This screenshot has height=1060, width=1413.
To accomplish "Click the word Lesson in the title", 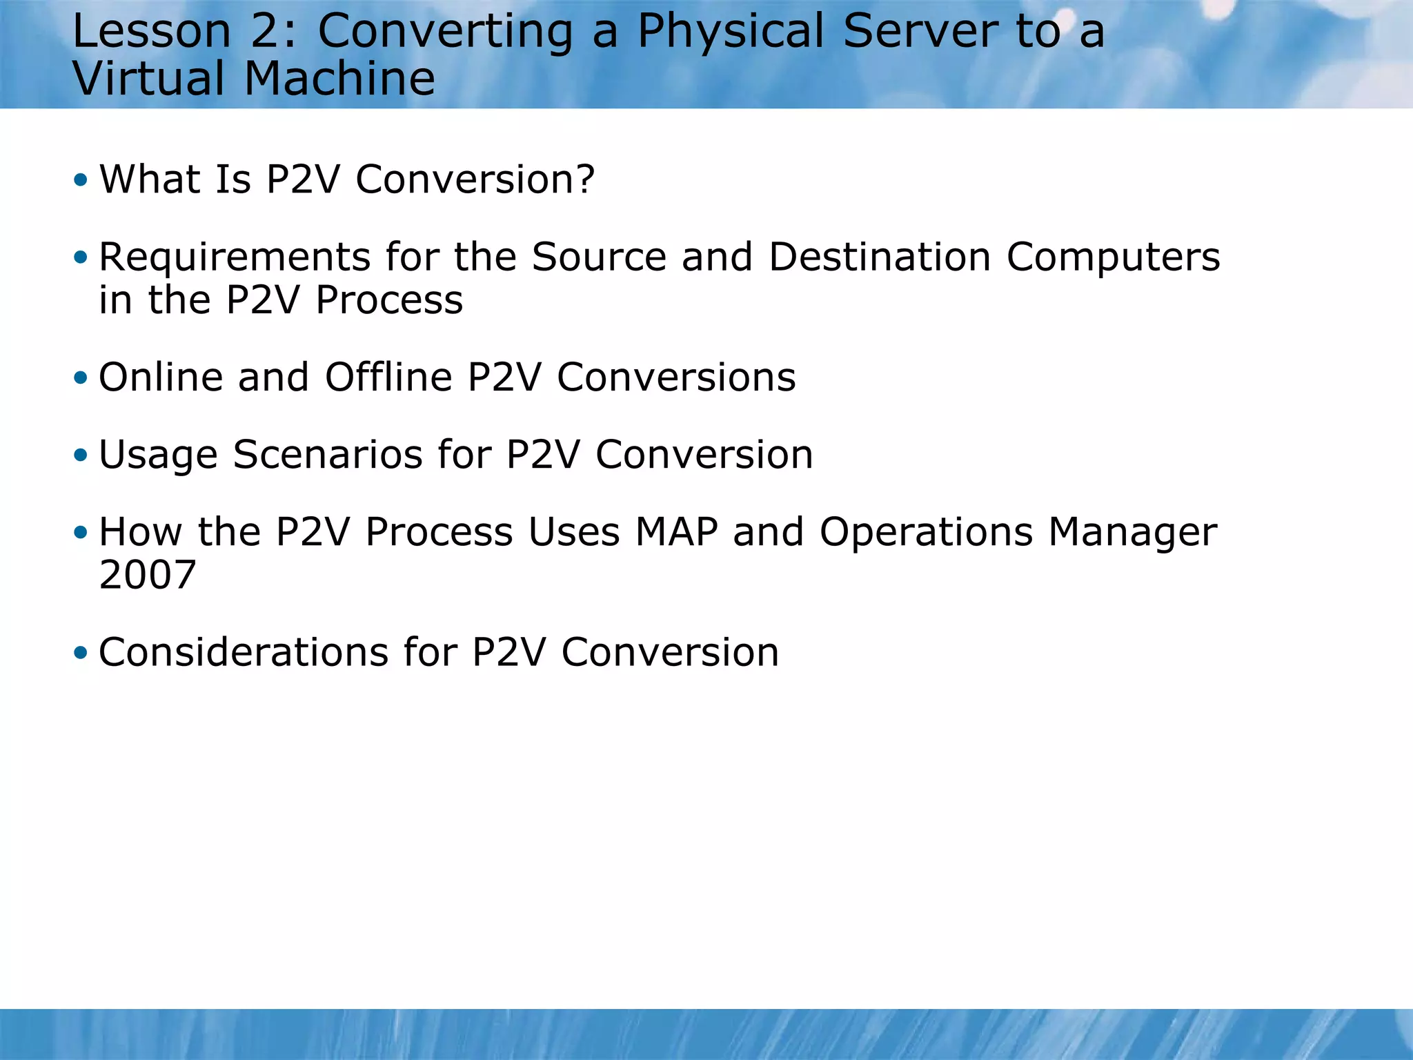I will tap(151, 32).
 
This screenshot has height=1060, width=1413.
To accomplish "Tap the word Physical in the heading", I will tap(730, 33).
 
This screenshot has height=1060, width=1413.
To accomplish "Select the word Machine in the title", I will tap(339, 79).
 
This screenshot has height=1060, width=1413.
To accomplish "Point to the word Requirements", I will tap(235, 258).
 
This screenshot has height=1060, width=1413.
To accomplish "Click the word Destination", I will tap(880, 257).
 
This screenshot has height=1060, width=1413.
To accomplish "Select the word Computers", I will tap(1113, 258).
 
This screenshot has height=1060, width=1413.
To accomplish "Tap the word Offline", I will tap(388, 377).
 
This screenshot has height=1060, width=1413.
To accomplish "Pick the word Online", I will tap(161, 377).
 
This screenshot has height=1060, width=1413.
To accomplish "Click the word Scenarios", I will tap(328, 455).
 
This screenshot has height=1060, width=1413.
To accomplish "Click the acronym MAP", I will tap(676, 532).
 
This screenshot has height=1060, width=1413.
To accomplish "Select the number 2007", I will tap(148, 574).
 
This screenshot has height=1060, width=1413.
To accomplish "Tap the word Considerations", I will tap(244, 652).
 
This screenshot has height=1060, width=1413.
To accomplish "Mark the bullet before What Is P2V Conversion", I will tap(81, 180).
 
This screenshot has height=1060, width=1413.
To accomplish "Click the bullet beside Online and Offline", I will tap(81, 377).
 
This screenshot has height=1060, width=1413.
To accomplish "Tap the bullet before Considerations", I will tap(81, 652).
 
